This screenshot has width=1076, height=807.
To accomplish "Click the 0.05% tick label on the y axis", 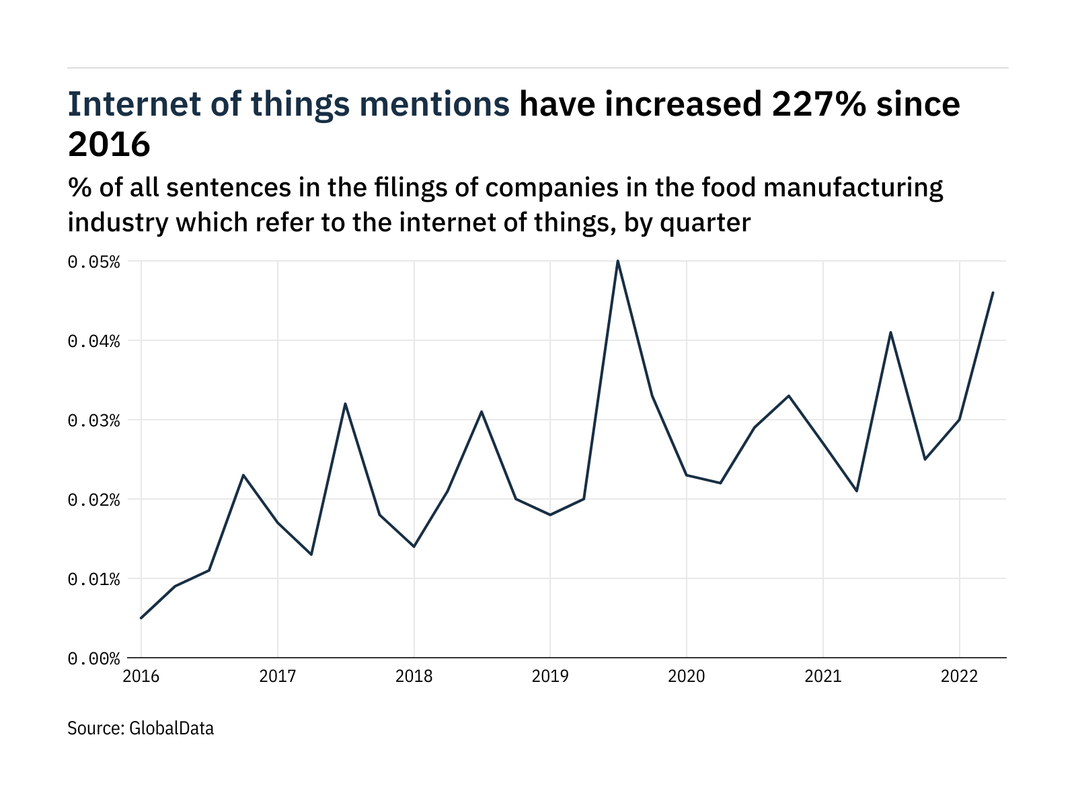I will [93, 262].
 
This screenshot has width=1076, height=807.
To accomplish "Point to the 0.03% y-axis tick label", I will [93, 420].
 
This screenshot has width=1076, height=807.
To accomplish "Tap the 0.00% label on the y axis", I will [93, 658].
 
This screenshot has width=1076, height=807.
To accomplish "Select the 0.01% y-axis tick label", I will [93, 579].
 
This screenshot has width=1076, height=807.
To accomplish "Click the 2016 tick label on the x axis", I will [141, 677].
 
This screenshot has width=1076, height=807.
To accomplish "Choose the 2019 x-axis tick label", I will [550, 677].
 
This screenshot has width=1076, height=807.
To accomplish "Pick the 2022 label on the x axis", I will [959, 677].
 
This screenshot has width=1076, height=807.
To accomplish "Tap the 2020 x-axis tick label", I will [687, 677].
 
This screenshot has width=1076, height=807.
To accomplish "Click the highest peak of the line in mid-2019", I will [618, 261].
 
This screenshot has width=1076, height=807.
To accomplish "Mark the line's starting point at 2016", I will [141, 618].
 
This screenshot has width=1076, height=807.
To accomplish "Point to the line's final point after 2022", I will [993, 293].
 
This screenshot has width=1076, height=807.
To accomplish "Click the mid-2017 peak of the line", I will [345, 403].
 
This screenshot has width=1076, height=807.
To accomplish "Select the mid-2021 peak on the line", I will [890, 332].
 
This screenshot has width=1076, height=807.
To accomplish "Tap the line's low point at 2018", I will [414, 547].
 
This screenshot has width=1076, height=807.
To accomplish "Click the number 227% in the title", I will [818, 104].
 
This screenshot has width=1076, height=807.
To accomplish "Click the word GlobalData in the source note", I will [171, 728].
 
